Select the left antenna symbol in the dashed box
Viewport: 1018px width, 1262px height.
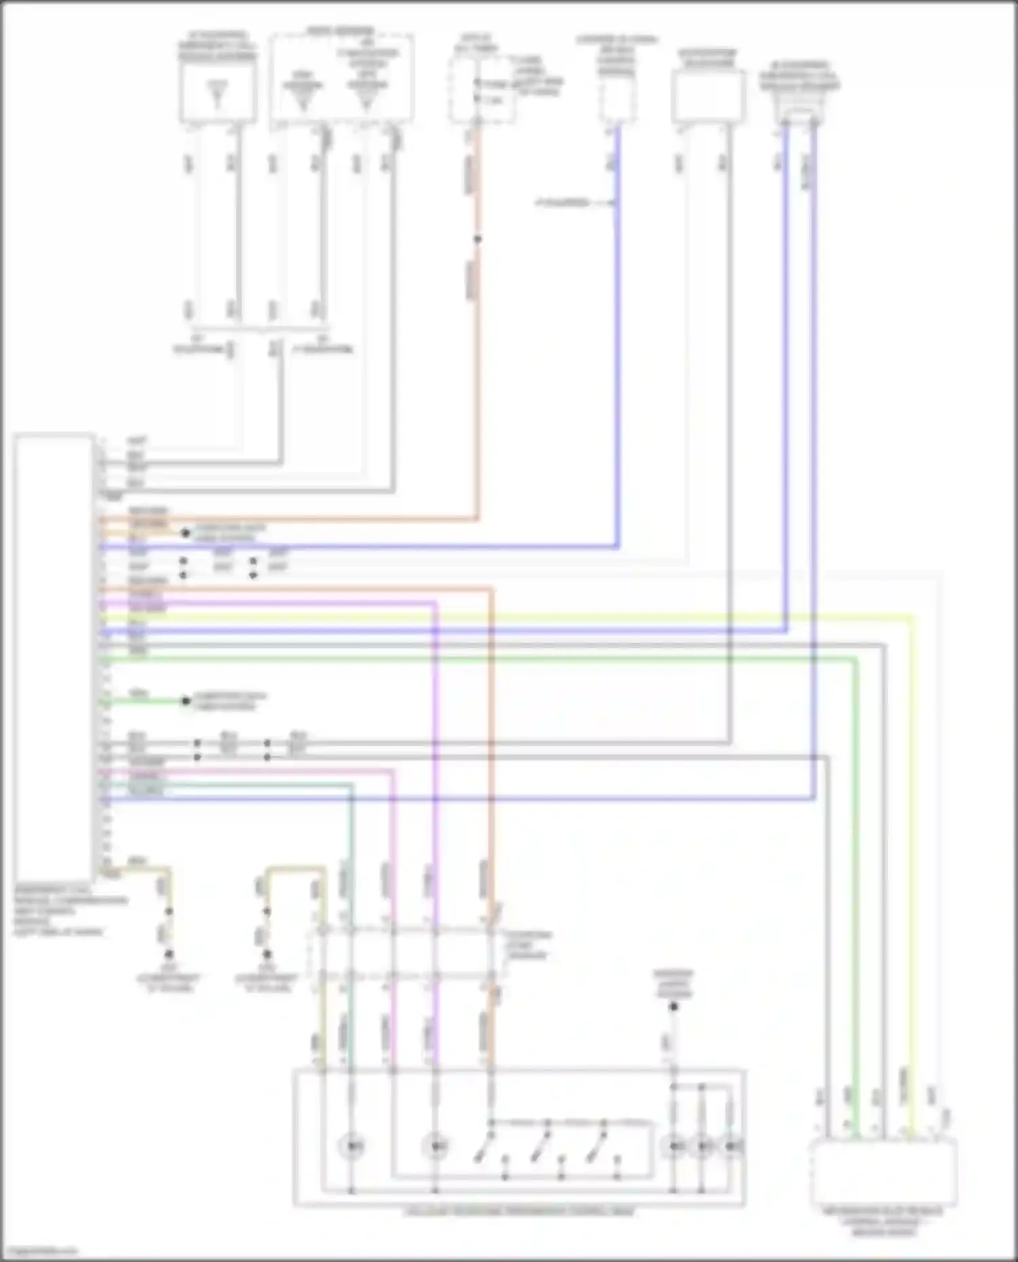pyautogui.click(x=303, y=99)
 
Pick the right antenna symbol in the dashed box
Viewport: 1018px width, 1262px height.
pyautogui.click(x=366, y=99)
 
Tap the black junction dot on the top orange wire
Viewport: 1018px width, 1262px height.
pyautogui.click(x=478, y=239)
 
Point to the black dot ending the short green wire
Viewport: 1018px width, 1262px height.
pyautogui.click(x=186, y=701)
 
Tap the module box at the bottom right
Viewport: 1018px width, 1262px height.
pyautogui.click(x=884, y=1171)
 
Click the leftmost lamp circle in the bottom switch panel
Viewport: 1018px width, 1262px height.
pyautogui.click(x=352, y=1146)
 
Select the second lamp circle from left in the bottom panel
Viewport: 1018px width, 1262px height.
pyautogui.click(x=435, y=1146)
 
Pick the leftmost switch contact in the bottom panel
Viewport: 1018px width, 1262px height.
pyautogui.click(x=483, y=1146)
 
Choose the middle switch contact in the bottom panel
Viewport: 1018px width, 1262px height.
pyautogui.click(x=540, y=1146)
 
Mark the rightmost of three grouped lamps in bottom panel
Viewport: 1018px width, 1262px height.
pyautogui.click(x=731, y=1146)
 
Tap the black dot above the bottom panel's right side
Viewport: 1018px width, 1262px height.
pyautogui.click(x=673, y=1006)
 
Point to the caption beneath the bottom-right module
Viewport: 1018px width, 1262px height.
pyautogui.click(x=884, y=1221)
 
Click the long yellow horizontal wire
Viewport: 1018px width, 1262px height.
pyautogui.click(x=509, y=617)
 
